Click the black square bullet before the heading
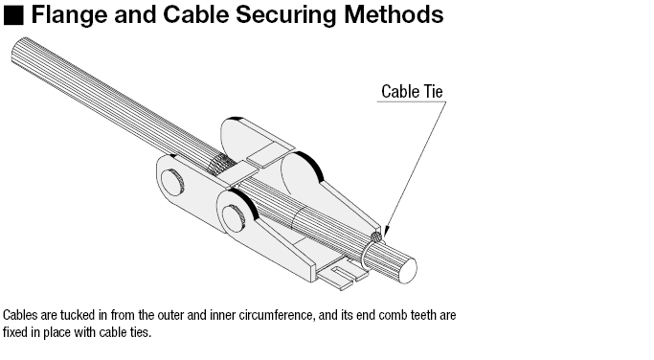[13, 15]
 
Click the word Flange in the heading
[69, 14]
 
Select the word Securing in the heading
[285, 15]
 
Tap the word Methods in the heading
[394, 14]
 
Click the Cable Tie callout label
[412, 91]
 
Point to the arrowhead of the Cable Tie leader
[386, 232]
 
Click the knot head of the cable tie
[376, 237]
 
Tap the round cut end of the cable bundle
[408, 270]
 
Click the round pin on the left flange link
[171, 183]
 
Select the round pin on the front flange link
[234, 217]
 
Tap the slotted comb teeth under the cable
[343, 276]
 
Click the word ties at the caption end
[142, 332]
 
